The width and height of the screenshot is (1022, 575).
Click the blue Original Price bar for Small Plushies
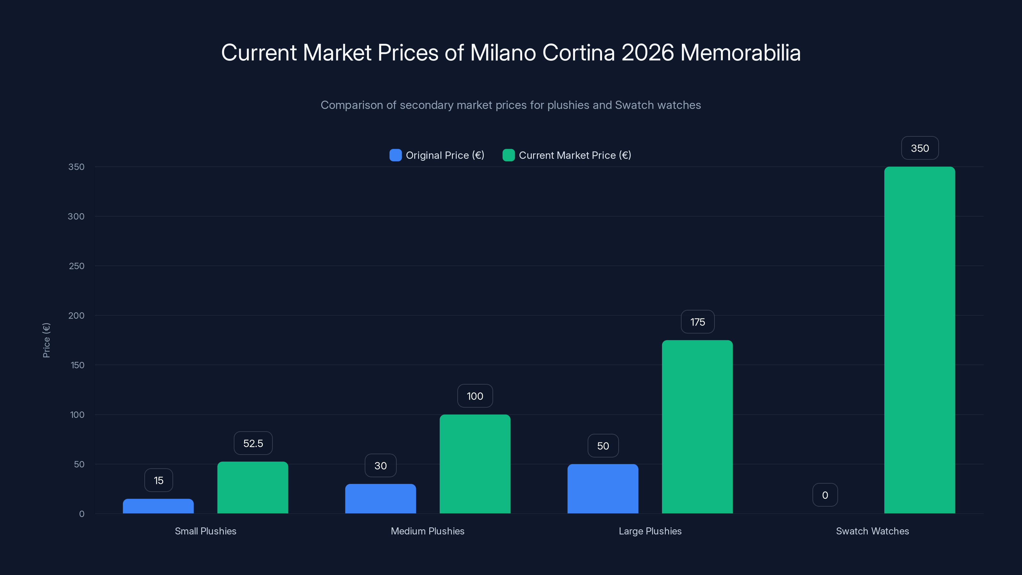pos(158,506)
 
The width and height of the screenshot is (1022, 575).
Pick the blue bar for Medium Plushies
pos(380,498)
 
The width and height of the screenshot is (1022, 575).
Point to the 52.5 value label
pos(253,443)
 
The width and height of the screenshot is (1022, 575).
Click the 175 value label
pos(698,322)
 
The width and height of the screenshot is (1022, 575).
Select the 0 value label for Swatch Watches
pos(825,495)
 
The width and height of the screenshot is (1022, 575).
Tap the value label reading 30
pos(380,465)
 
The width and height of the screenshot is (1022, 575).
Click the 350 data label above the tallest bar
pos(920,148)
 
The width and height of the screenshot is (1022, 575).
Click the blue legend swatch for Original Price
pos(396,155)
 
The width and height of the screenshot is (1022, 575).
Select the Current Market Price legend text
pos(575,155)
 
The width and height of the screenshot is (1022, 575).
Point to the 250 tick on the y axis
pos(77,266)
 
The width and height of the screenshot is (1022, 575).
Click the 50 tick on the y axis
pos(79,464)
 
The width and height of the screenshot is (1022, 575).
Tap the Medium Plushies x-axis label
pos(427,531)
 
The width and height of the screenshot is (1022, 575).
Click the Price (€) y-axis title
pos(46,340)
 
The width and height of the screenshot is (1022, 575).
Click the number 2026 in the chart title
pos(647,52)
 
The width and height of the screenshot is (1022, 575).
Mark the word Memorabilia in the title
pos(740,52)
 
